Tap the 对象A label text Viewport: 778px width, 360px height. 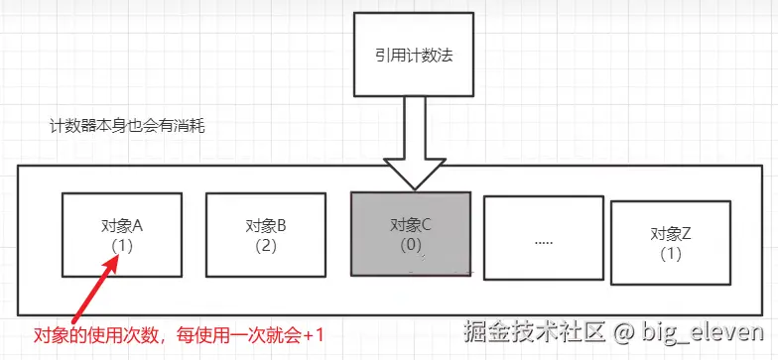[x=125, y=225]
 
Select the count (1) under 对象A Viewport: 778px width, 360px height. [x=124, y=244]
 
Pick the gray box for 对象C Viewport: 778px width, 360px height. [x=412, y=233]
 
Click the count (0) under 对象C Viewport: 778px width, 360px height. [x=412, y=243]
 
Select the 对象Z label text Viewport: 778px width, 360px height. [x=671, y=234]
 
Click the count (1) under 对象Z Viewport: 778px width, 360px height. [x=671, y=253]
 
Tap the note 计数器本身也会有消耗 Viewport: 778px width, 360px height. [x=127, y=127]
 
